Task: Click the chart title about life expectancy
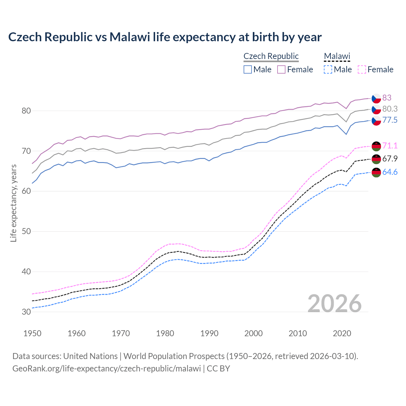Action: click(165, 37)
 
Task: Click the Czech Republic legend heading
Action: click(271, 56)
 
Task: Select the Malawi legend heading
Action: click(337, 56)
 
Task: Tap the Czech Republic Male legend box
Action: click(248, 69)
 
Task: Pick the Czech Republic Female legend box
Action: click(281, 69)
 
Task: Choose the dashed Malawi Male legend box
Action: click(328, 69)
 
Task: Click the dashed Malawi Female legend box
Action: click(362, 69)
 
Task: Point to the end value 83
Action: click(387, 98)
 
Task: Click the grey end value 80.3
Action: click(390, 109)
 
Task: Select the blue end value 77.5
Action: click(390, 120)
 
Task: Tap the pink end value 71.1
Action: click(390, 146)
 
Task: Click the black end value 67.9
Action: click(390, 159)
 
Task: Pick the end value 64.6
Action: click(390, 172)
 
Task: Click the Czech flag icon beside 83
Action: click(376, 98)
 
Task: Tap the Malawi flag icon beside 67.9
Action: click(376, 159)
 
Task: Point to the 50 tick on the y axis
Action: click(26, 231)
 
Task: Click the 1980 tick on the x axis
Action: click(165, 333)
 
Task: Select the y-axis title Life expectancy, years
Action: click(13, 203)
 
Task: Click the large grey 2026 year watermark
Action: click(334, 304)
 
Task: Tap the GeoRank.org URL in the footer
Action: click(107, 369)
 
